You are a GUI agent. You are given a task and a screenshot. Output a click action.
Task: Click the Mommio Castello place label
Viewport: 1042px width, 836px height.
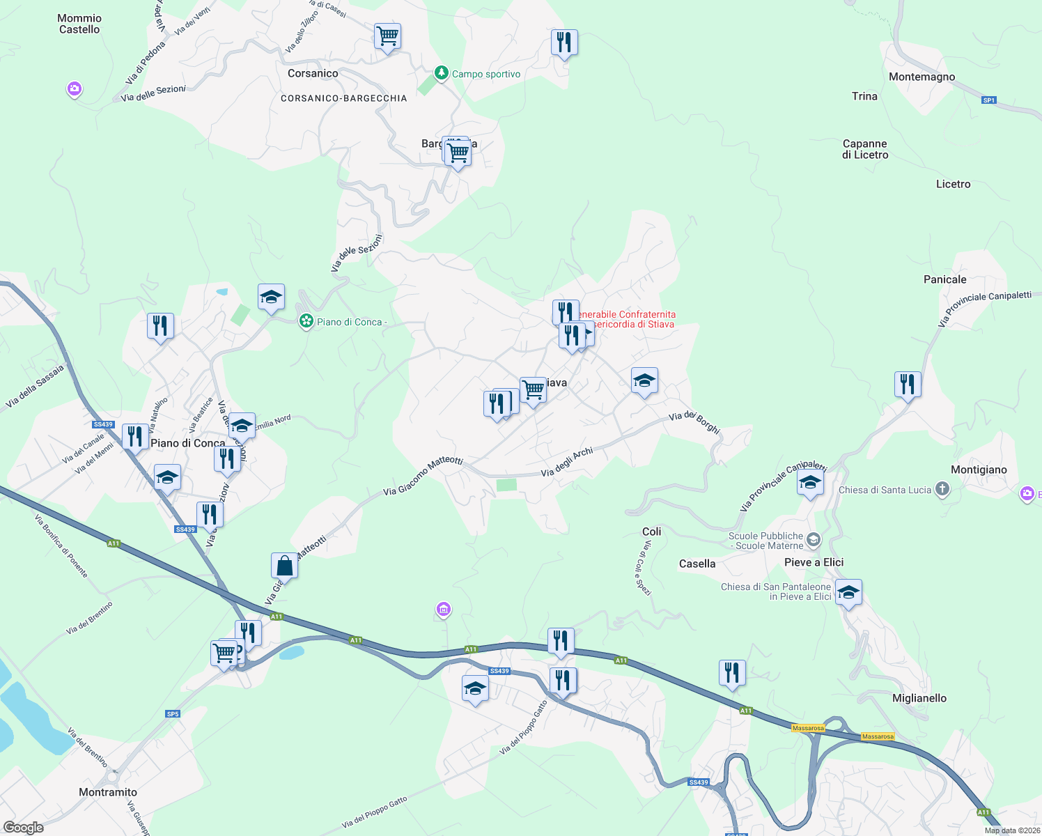coord(79,24)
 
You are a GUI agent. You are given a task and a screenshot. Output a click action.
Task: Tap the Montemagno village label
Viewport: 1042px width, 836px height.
coord(922,77)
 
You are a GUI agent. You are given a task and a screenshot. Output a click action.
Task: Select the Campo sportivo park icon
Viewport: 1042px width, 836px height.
coord(441,73)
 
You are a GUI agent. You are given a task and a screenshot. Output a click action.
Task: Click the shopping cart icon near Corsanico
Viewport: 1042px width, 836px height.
coord(387,36)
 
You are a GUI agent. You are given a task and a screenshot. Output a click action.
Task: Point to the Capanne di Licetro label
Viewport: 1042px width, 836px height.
coord(865,149)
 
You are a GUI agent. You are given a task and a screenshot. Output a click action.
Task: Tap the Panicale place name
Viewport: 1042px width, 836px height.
coord(944,279)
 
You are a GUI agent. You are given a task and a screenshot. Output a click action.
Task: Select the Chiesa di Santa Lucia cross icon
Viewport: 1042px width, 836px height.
coord(942,489)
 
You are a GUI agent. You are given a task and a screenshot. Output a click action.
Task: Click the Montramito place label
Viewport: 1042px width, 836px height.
coord(108,792)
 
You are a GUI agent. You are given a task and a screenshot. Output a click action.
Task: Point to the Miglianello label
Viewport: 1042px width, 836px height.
coord(919,698)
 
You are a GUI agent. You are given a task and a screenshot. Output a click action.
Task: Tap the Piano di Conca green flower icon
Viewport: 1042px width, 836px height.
coord(306,321)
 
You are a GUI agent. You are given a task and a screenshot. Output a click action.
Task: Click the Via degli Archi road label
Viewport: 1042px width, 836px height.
coord(567,462)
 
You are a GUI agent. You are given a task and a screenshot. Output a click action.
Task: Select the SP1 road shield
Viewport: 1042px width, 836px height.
coord(989,100)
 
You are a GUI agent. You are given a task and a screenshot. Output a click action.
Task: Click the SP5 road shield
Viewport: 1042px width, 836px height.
coord(173,713)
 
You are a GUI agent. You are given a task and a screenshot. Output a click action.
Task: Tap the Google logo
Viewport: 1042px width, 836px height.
coord(24,828)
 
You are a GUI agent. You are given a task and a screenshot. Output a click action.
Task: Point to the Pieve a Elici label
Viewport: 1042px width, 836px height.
coord(814,562)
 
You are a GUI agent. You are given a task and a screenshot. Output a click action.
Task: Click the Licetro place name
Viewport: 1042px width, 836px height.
coord(953,184)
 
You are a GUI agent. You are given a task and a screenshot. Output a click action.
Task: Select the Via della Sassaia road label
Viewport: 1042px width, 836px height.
coord(35,386)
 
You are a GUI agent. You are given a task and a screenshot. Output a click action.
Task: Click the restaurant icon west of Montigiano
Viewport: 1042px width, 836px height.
coord(908,384)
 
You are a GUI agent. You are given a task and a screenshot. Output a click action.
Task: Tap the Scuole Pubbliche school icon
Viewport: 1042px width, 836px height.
coord(814,541)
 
